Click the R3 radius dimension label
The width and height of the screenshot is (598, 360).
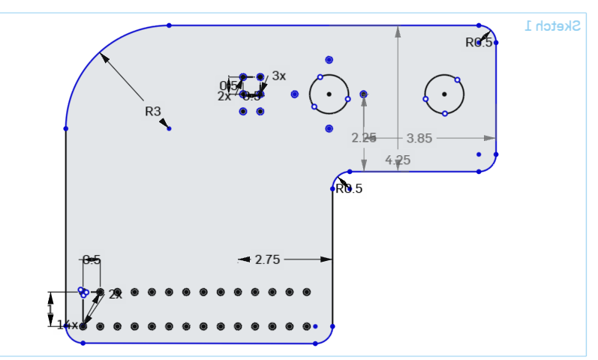(153, 111)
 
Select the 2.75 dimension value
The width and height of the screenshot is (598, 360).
(267, 259)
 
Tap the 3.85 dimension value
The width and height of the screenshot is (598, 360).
(420, 138)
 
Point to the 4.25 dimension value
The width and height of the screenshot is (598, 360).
(398, 160)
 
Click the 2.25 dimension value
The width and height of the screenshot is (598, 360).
(364, 138)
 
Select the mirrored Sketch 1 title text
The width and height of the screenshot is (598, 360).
(553, 25)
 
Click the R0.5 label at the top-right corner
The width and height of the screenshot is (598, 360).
(479, 43)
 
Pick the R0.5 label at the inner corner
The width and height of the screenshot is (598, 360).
(349, 188)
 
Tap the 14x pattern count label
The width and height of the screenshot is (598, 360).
(67, 325)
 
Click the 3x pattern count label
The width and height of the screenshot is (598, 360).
(279, 76)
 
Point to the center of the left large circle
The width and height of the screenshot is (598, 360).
(329, 94)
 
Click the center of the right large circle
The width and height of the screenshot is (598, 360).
(444, 94)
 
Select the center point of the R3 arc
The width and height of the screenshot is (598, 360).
(169, 128)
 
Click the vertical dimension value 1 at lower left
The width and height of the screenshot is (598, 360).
(50, 309)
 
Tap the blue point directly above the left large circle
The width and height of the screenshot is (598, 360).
(329, 59)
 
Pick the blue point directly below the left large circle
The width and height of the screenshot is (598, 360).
(329, 128)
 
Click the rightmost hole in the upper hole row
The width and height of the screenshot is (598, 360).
(306, 292)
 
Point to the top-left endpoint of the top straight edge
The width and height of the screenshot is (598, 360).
(169, 25)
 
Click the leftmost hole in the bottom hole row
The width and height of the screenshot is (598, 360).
(83, 326)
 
